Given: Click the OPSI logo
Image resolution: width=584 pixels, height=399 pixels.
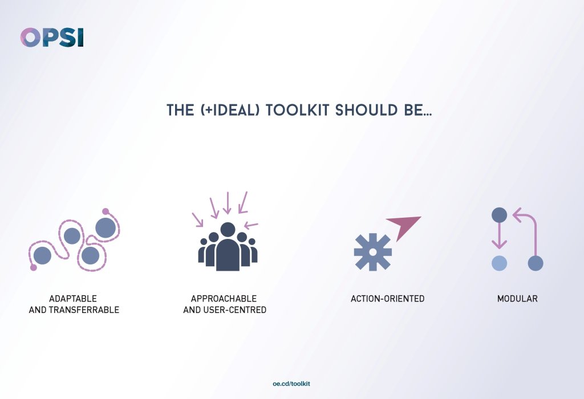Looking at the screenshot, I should point(52,38).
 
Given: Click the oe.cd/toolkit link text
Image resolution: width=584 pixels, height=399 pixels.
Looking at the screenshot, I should point(292,384).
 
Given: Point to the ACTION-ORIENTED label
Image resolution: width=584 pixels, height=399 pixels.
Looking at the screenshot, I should point(387,299).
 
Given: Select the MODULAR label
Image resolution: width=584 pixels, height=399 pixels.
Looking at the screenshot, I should point(517,299).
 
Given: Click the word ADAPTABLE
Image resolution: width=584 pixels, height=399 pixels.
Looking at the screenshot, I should point(73,299).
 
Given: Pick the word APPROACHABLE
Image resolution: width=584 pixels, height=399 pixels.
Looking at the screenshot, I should point(224,299).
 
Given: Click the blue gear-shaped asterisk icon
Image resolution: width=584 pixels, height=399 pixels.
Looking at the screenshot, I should point(372,251).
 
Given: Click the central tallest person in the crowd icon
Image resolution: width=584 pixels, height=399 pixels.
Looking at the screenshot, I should point(228,249).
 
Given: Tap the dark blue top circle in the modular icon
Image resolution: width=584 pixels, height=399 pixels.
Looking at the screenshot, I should point(499,215).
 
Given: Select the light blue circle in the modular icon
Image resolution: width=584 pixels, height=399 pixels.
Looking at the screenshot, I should point(499,263).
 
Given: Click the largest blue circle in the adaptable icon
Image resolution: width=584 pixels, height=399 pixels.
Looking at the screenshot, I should point(106,228).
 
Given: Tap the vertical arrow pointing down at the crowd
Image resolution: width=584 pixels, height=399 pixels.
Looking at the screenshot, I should point(227,203).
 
